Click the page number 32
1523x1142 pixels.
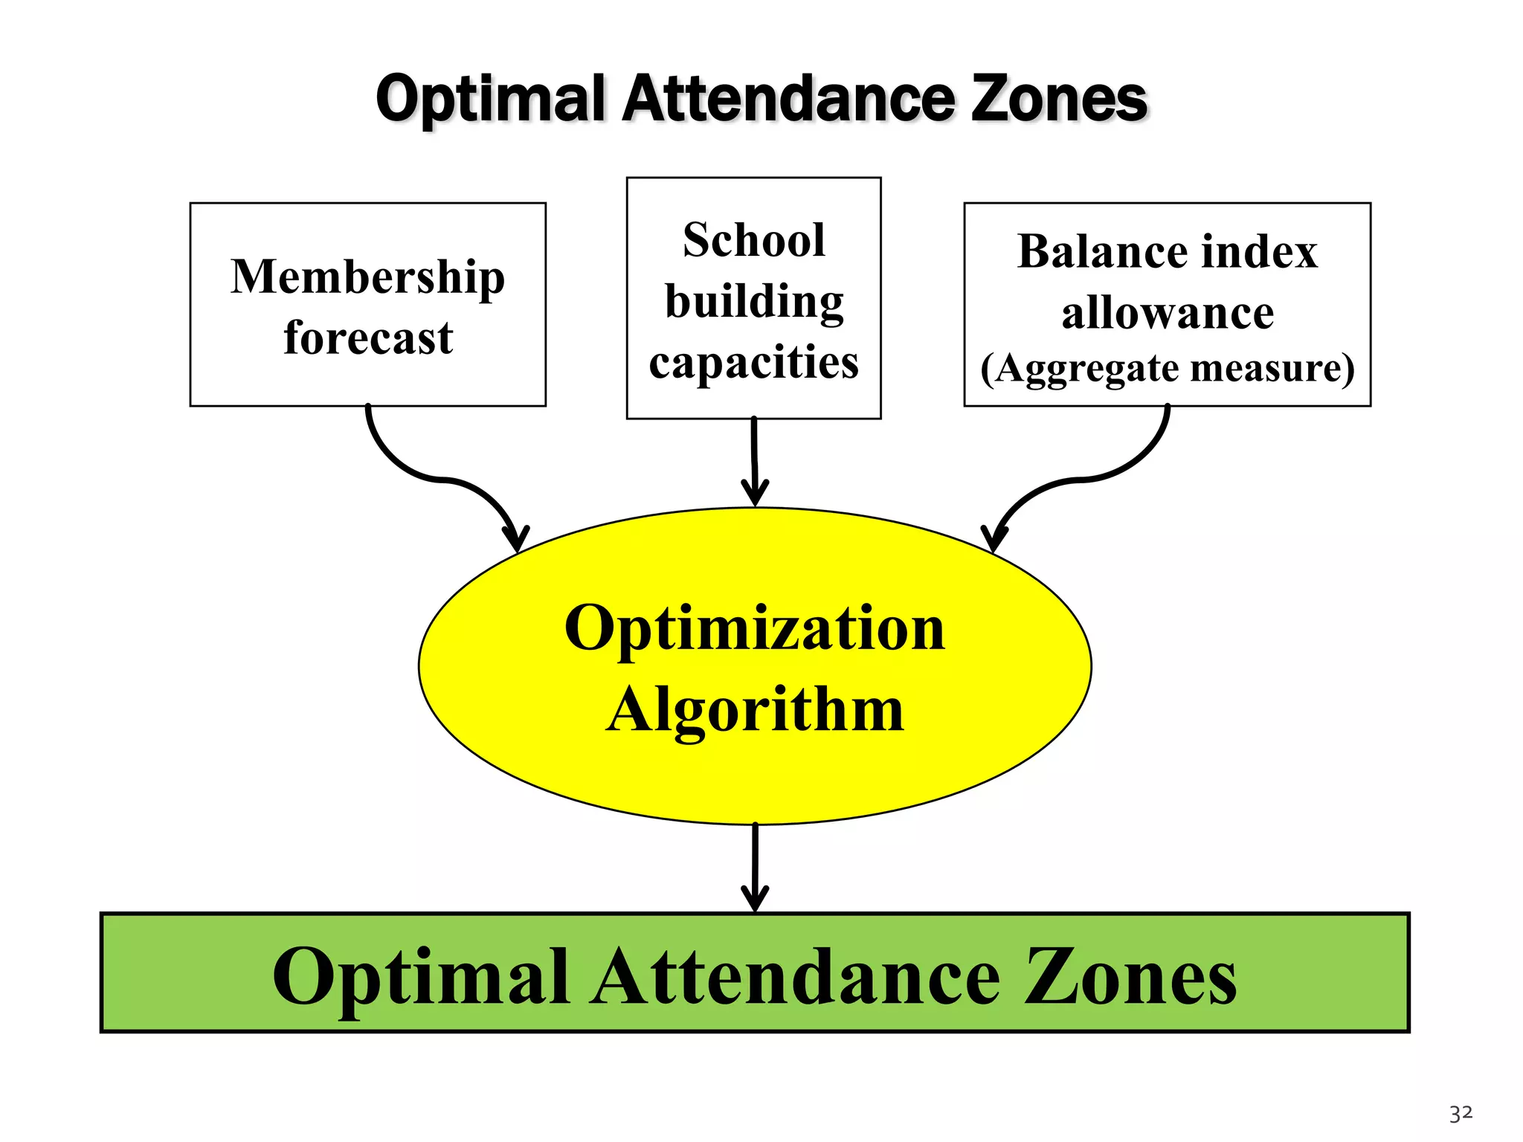point(1461,1113)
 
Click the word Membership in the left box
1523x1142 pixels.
point(367,277)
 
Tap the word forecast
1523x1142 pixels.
point(368,338)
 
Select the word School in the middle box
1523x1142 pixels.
point(753,240)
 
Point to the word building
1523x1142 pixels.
point(753,303)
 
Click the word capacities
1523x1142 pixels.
point(753,363)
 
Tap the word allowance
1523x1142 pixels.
point(1167,312)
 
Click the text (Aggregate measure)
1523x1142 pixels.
point(1167,368)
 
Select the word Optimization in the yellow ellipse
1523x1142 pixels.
point(754,628)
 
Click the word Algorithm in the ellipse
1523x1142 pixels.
point(754,710)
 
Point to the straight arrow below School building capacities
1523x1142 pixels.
point(754,461)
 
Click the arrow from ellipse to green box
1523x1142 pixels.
point(755,866)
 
